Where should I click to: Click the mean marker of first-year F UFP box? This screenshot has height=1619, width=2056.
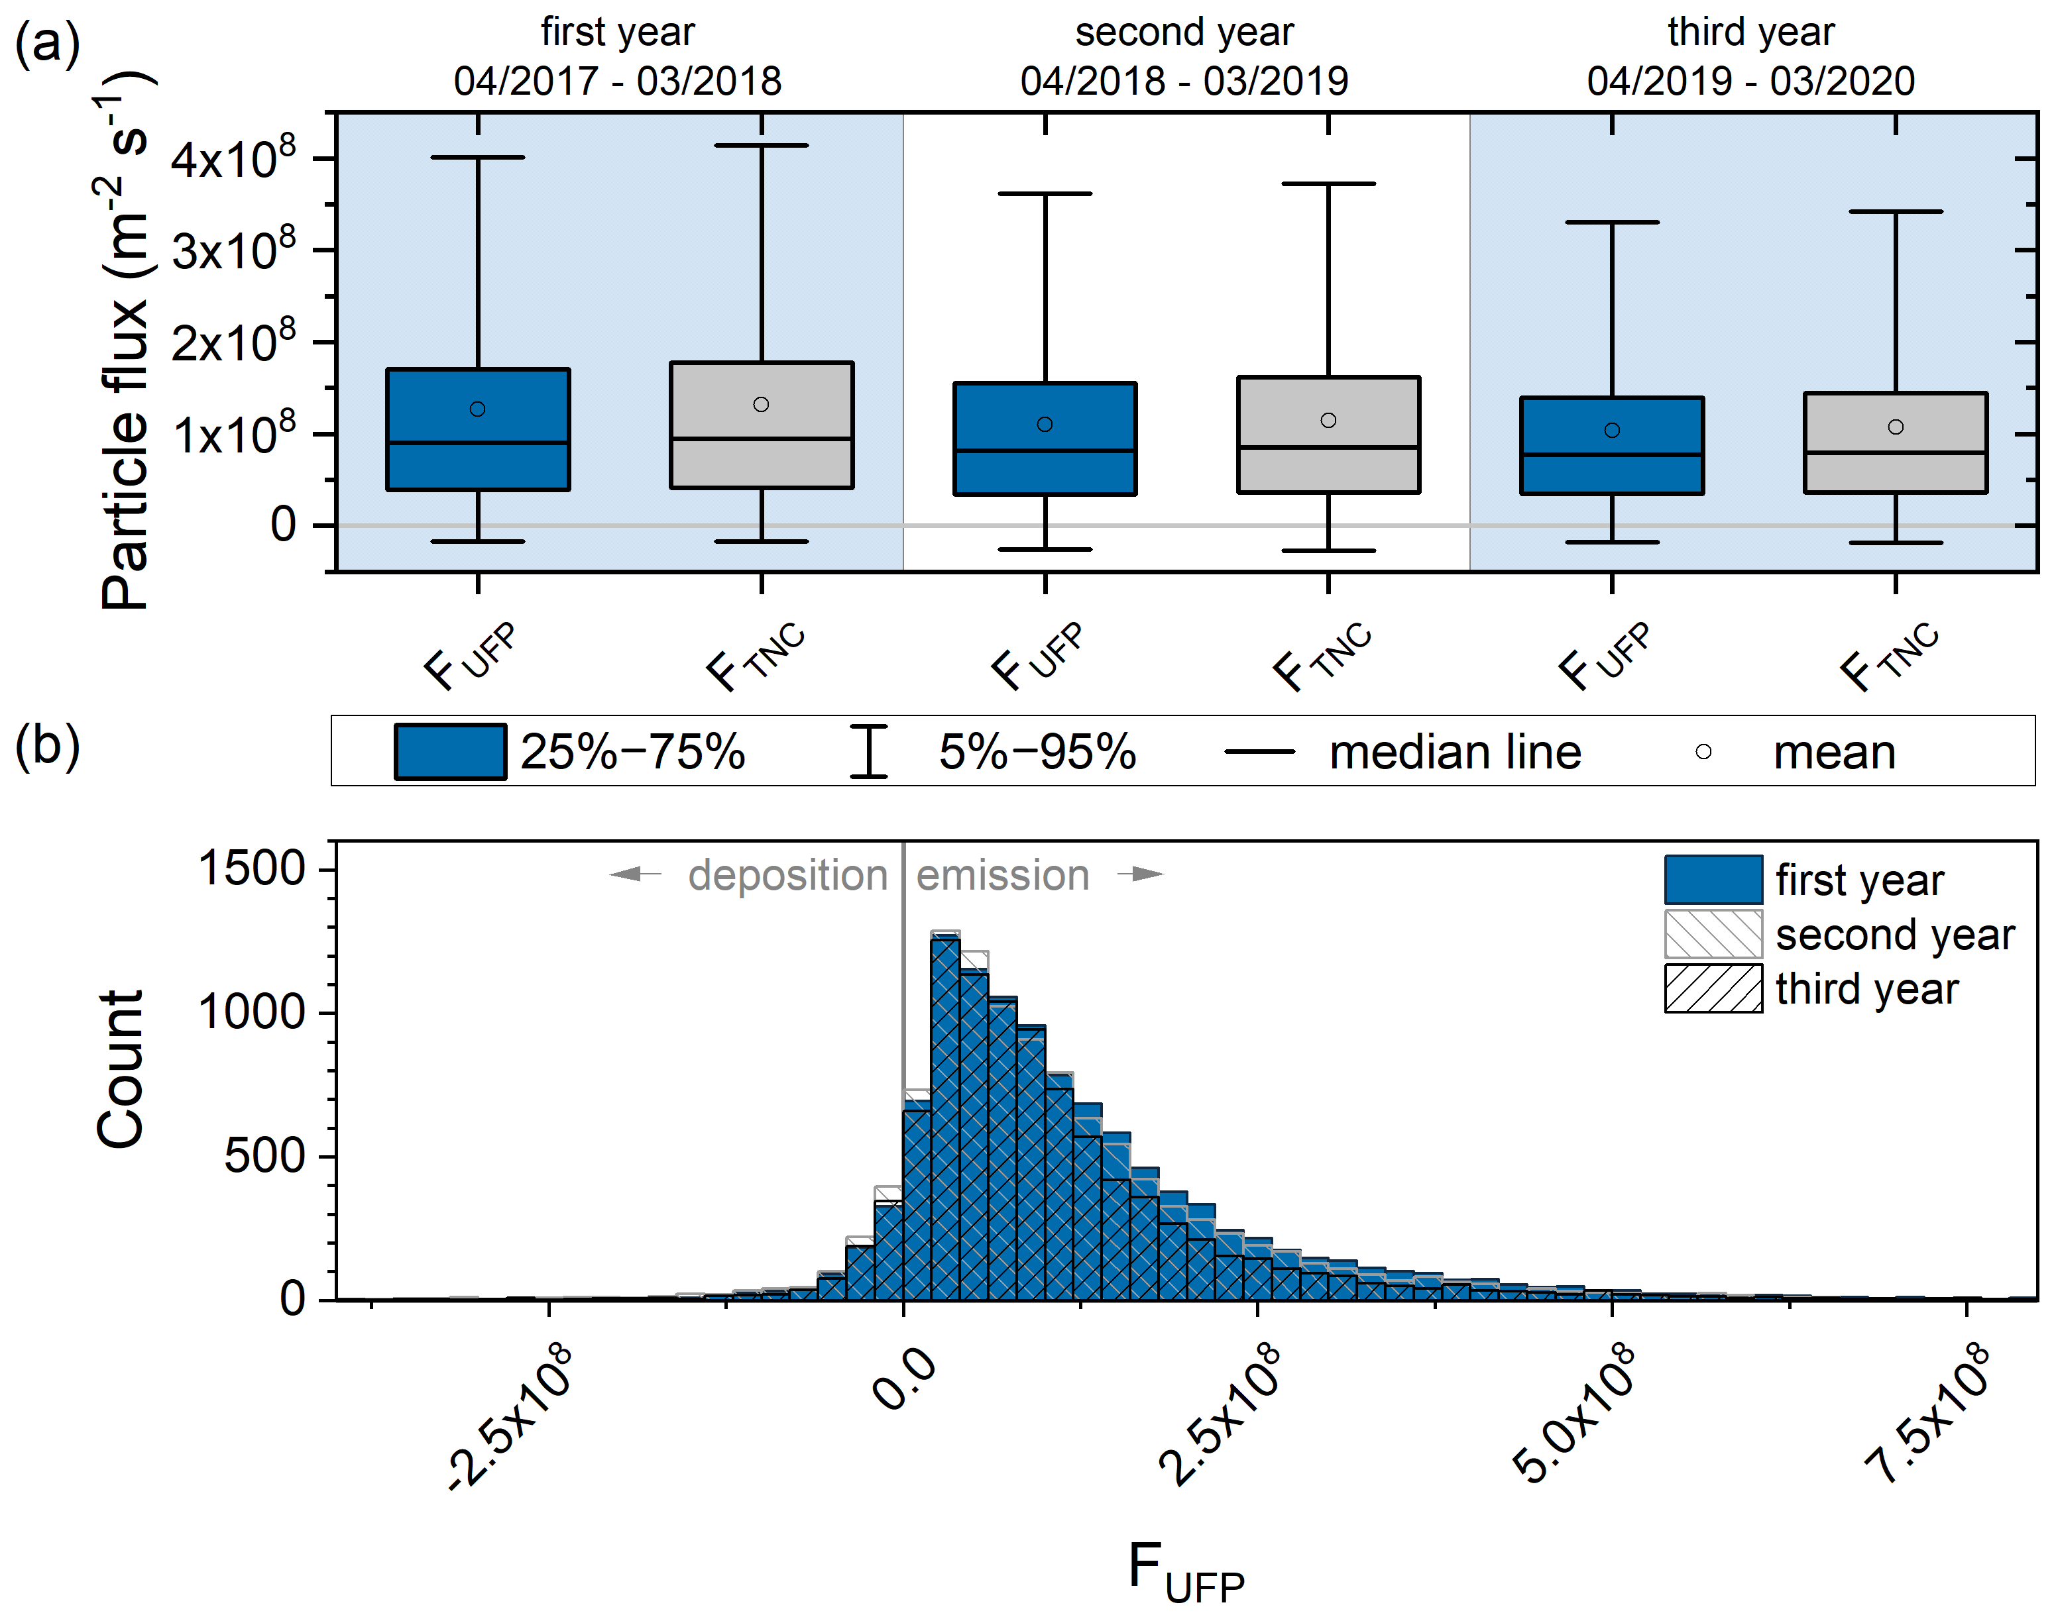[478, 409]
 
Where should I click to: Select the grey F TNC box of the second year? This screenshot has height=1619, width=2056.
[1328, 469]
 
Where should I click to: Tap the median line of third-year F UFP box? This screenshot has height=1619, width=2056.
[1611, 455]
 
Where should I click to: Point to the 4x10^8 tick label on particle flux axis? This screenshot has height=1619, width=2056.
[233, 158]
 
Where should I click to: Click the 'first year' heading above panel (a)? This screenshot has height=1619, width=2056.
[617, 32]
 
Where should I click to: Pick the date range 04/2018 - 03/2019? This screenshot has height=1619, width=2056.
[1184, 81]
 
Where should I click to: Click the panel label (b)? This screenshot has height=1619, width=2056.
[48, 746]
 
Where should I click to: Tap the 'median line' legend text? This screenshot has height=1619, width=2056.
[1455, 753]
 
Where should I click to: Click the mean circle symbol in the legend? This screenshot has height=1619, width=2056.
[1703, 752]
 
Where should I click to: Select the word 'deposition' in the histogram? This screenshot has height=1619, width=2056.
[787, 875]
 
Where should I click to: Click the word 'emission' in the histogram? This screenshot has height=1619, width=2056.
[1002, 875]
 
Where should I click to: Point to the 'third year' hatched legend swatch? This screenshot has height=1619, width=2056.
[1713, 988]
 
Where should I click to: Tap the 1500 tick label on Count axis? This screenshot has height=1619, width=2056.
[251, 868]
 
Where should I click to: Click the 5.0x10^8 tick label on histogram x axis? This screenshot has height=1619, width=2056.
[1574, 1412]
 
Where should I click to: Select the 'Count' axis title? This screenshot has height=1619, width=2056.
[121, 1069]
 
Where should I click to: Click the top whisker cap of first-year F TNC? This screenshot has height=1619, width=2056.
[761, 146]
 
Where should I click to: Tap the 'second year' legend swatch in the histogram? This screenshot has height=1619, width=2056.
[1713, 935]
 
